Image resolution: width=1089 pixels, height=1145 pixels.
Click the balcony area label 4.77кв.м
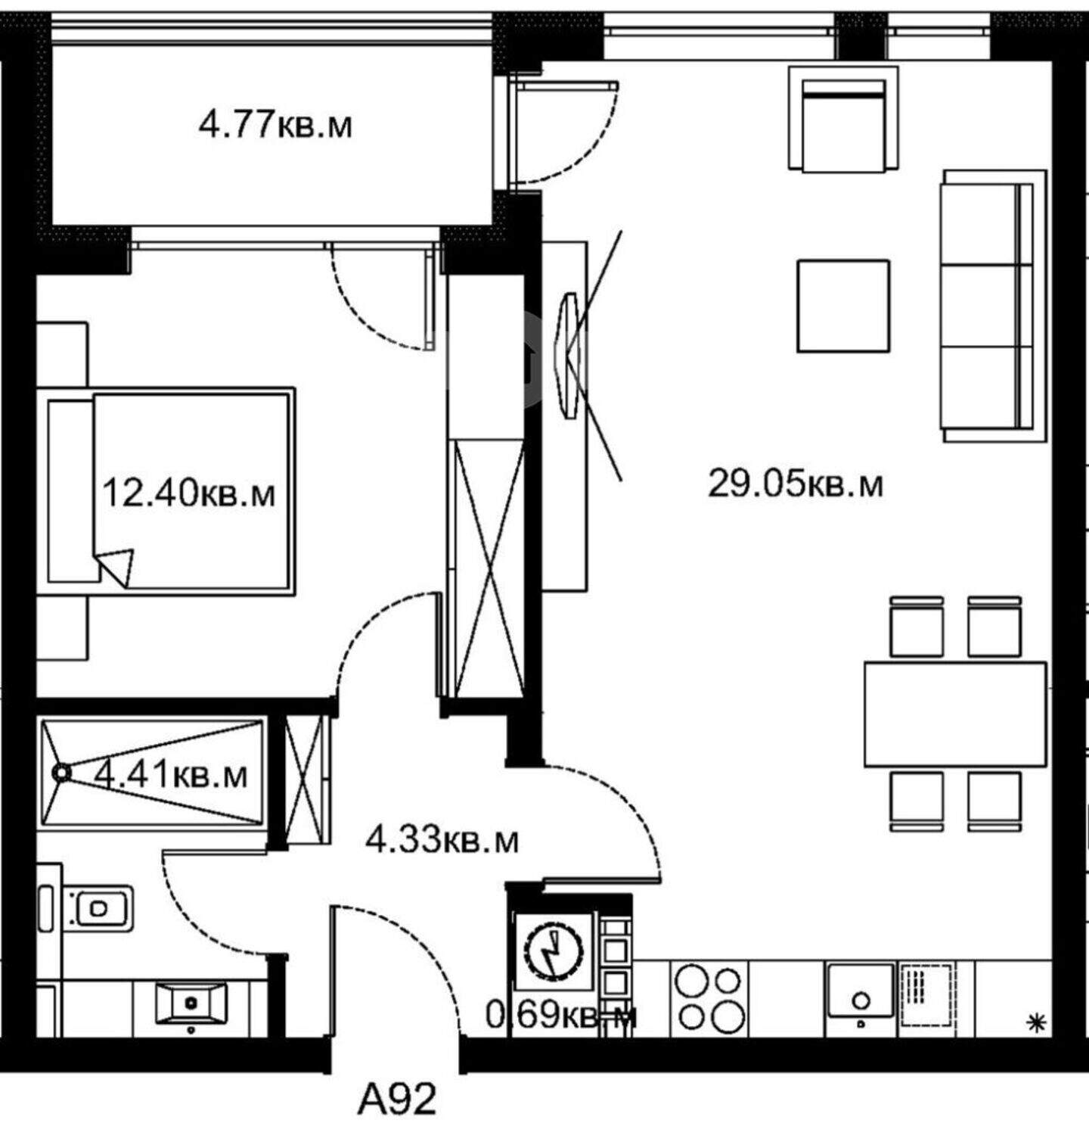point(275,124)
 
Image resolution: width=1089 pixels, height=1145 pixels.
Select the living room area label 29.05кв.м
point(795,483)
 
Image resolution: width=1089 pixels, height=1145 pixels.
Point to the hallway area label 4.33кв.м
point(442,839)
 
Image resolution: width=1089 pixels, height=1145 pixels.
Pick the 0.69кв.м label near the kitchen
point(560,1016)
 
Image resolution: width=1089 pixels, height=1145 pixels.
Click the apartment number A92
point(397,1099)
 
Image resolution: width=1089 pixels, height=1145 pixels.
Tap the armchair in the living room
point(843,117)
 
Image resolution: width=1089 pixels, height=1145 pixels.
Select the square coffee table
point(843,306)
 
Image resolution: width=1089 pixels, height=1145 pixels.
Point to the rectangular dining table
point(956,714)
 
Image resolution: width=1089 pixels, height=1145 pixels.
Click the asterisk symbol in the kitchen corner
point(1032,1024)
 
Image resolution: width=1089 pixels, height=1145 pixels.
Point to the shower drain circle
point(60,773)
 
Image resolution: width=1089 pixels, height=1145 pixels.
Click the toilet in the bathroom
point(95,906)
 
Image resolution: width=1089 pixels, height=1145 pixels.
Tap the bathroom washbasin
point(191,1003)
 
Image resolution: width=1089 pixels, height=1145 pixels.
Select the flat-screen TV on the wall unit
point(570,354)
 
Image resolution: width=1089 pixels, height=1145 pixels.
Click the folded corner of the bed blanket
point(116,566)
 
